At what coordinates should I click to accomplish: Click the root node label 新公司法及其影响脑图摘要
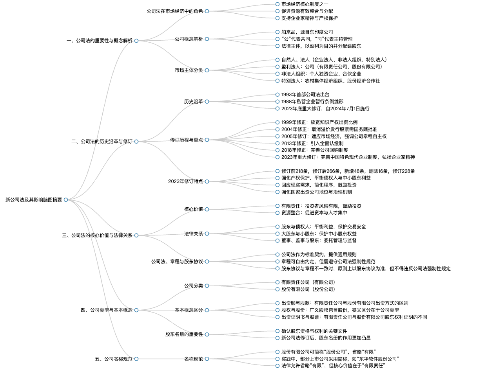click(34, 200)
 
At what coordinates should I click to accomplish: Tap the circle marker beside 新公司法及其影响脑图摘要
click(66, 200)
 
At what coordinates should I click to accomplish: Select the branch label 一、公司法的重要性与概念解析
click(100, 41)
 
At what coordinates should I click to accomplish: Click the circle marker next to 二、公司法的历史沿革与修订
click(136, 141)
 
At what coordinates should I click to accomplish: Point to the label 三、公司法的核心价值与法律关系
click(97, 235)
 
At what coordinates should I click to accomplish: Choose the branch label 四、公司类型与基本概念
click(107, 310)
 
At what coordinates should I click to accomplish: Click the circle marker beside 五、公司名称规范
click(136, 359)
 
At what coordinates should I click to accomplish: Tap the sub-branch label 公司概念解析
click(189, 39)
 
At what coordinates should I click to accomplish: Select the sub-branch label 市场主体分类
click(189, 70)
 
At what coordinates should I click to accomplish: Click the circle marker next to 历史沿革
click(207, 102)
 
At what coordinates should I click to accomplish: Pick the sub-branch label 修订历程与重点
click(187, 140)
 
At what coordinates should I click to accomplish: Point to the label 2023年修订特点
click(185, 181)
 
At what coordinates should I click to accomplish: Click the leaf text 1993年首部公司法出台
click(305, 95)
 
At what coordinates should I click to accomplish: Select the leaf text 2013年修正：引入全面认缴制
click(312, 144)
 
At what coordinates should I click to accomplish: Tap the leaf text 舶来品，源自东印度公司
click(307, 32)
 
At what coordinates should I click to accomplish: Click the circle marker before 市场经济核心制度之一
click(277, 4)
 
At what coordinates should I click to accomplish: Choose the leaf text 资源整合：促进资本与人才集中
click(314, 213)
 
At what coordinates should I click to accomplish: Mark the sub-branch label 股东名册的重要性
click(184, 334)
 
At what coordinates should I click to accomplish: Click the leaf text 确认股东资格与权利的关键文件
click(314, 331)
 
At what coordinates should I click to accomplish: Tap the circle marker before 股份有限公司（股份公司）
click(277, 289)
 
